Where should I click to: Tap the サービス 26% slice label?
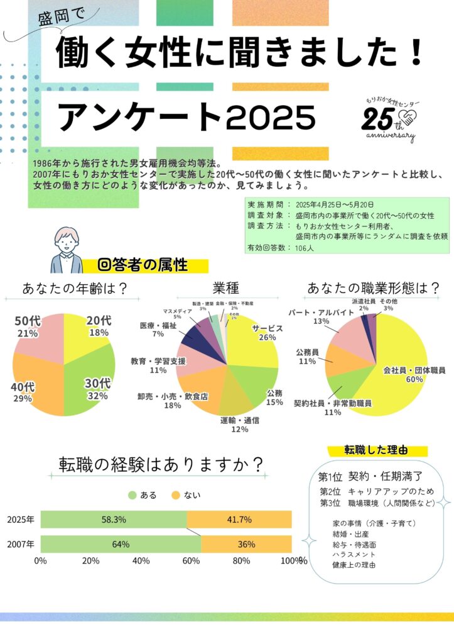(x=268, y=333)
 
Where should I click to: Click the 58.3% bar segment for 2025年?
(x=114, y=519)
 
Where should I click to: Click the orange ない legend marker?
(x=176, y=495)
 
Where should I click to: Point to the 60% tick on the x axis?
(x=191, y=560)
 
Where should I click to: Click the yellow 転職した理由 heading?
(x=376, y=450)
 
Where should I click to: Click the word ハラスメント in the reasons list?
(x=355, y=555)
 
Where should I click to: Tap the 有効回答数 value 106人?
(x=307, y=248)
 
